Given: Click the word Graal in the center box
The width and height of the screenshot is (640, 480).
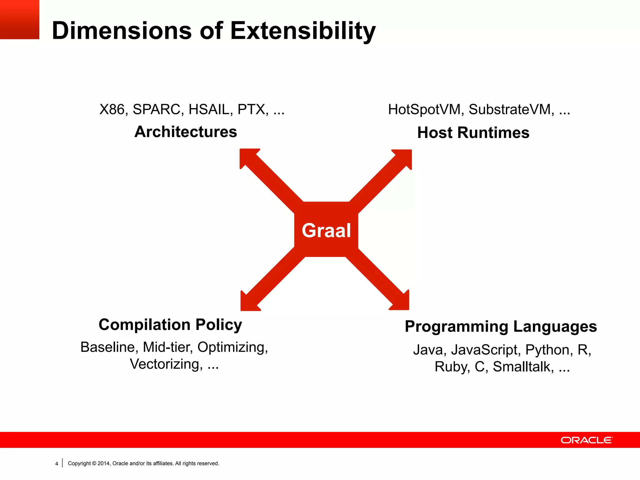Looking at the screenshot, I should [x=326, y=230].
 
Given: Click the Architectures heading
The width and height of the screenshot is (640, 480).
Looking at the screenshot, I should [x=186, y=132].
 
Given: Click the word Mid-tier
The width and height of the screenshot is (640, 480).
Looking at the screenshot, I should [x=168, y=347].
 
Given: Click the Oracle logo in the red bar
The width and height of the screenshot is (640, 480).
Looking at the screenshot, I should [x=587, y=440].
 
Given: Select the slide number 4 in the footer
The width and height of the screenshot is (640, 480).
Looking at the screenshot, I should [x=57, y=464].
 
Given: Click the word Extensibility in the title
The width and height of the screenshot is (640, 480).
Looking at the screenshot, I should [x=303, y=31].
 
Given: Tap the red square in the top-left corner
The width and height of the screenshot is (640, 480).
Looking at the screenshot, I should [x=19, y=19].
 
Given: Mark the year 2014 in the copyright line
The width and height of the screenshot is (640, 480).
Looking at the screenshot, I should [x=103, y=463].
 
